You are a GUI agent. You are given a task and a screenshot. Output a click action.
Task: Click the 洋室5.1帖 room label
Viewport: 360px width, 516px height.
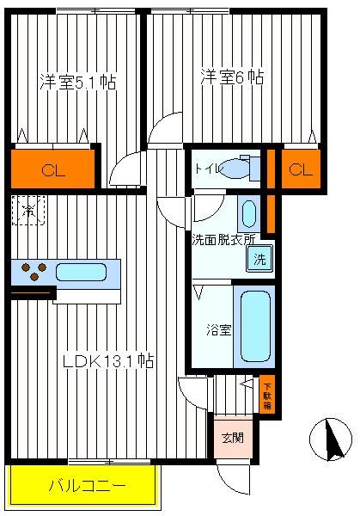(77, 82)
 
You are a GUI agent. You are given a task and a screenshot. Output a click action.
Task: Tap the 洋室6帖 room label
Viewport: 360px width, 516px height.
(232, 77)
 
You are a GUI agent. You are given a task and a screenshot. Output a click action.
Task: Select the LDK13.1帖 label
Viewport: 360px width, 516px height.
(108, 361)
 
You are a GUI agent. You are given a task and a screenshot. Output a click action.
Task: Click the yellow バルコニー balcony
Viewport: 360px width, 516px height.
(84, 484)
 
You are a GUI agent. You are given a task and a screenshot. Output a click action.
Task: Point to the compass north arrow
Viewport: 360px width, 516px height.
(333, 440)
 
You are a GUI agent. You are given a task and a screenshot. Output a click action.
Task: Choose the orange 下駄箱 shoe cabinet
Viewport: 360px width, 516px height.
(267, 394)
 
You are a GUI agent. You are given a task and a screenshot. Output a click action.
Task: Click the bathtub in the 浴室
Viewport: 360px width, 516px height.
(256, 327)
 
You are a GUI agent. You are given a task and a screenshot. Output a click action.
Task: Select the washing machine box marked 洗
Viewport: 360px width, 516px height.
(259, 259)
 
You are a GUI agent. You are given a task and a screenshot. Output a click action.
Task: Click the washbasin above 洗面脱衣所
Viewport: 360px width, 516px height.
(249, 214)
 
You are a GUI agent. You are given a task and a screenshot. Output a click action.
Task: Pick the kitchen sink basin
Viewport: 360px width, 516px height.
(81, 272)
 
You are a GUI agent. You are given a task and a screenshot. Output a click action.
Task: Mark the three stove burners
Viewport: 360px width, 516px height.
(34, 271)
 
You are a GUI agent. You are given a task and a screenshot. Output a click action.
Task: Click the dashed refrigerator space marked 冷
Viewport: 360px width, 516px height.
(28, 211)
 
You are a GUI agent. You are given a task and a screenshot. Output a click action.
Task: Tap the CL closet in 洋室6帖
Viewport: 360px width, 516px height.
(301, 169)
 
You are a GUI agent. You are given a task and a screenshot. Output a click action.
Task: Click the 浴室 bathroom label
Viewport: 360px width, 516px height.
(219, 329)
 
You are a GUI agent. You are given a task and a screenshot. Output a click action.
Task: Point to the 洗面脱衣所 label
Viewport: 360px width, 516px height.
(223, 240)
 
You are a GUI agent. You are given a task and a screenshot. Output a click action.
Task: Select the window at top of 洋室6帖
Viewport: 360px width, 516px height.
(190, 11)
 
